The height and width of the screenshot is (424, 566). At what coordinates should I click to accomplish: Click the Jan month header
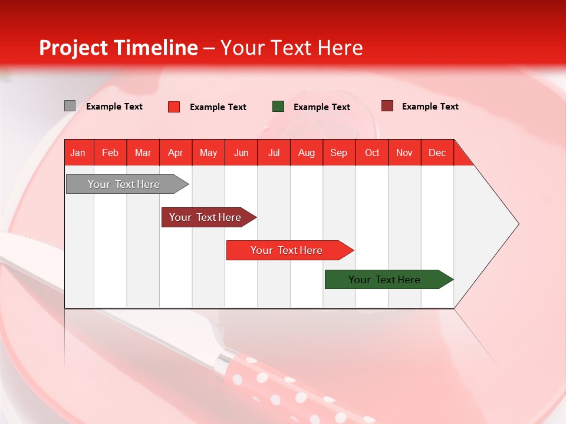click(x=78, y=153)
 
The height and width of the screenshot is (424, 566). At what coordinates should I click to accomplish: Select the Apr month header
click(x=175, y=153)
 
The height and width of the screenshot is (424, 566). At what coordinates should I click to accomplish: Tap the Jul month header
click(x=274, y=153)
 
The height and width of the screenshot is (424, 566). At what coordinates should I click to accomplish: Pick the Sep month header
click(x=338, y=153)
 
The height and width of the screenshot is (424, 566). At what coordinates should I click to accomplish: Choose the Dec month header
click(x=437, y=153)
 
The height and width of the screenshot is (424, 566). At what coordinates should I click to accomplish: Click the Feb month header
click(x=110, y=153)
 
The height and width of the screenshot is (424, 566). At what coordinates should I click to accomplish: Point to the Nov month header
click(x=404, y=153)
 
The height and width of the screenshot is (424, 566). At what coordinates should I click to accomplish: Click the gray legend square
click(x=70, y=106)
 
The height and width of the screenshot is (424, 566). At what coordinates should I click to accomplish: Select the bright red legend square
click(x=174, y=107)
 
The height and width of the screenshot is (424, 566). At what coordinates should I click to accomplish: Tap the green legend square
click(x=278, y=107)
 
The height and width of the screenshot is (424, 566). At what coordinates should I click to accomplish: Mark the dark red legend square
click(x=387, y=106)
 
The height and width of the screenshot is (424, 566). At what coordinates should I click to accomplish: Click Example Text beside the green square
click(x=321, y=107)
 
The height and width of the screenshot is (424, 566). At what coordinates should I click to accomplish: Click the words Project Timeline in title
click(x=119, y=48)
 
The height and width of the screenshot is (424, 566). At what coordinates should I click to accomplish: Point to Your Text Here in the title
click(x=291, y=48)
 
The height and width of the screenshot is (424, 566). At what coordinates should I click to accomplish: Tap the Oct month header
click(x=372, y=153)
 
